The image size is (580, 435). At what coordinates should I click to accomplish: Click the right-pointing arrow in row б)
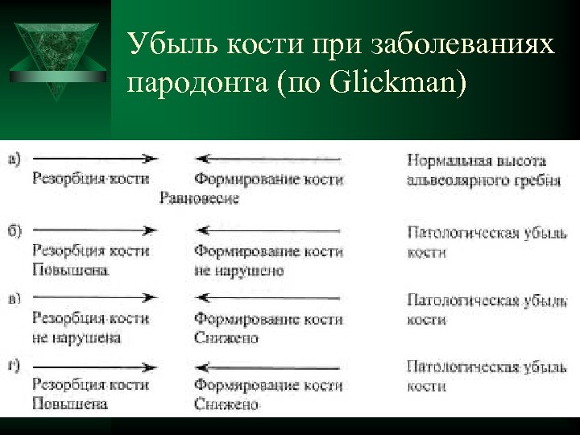point(93,230)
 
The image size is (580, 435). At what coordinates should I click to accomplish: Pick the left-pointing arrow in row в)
point(270,298)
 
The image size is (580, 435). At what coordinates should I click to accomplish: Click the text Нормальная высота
point(477,160)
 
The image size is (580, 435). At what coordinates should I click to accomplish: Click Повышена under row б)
point(68,270)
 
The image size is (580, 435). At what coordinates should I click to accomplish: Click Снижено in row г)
point(226,404)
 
